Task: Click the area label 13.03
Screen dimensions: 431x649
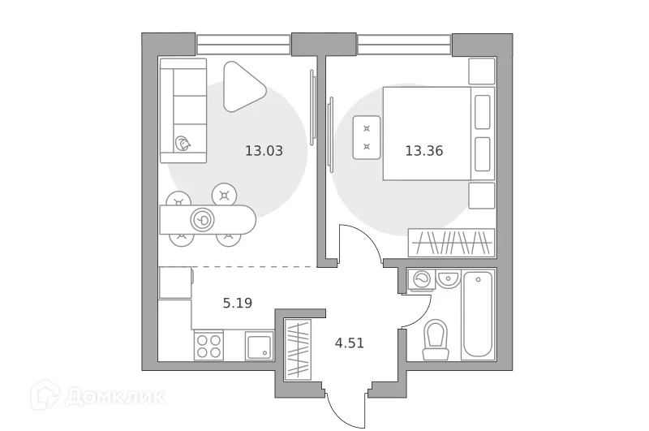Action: point(264,150)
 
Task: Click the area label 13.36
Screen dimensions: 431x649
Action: point(423,150)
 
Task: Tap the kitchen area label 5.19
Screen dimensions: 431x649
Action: point(238,304)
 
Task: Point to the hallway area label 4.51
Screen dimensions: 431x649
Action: point(350,343)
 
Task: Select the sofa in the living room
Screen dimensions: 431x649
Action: point(183,110)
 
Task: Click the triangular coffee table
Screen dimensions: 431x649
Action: point(242,87)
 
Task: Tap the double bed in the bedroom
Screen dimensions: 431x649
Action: point(427,134)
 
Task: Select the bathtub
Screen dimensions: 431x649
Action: point(477,315)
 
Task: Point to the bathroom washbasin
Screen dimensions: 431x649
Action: point(448,280)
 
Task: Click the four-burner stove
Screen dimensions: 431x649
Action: point(209,347)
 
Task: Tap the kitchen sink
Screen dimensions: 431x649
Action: point(260,347)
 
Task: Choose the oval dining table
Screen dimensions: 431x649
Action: point(207,219)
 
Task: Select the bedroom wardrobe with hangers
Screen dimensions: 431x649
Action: point(451,243)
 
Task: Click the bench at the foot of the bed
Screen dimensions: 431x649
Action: point(367,138)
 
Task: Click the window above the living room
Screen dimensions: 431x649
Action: point(243,44)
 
